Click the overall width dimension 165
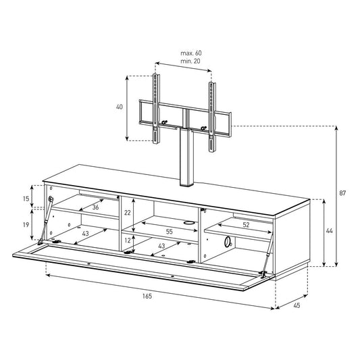[x=147, y=297]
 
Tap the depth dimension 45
[x=297, y=305]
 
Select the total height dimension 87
[x=342, y=193]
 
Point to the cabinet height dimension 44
[x=329, y=231]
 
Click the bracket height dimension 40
[x=120, y=107]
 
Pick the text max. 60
[x=191, y=53]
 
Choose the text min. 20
[x=190, y=61]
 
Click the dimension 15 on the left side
[x=26, y=199]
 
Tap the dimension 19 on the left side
[x=26, y=224]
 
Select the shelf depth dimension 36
[x=95, y=207]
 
